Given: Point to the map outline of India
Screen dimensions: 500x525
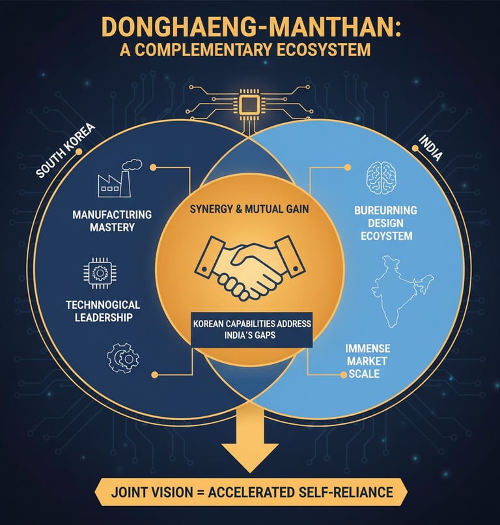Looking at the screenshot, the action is click(398, 290).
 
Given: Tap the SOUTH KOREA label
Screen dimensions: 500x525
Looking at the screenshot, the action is click(65, 151).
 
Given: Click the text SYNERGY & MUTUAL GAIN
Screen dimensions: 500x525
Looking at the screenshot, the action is click(249, 210).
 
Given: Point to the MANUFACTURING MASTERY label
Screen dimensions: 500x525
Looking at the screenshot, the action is click(113, 220).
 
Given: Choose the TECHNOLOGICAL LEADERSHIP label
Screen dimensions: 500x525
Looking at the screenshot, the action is click(103, 311).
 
